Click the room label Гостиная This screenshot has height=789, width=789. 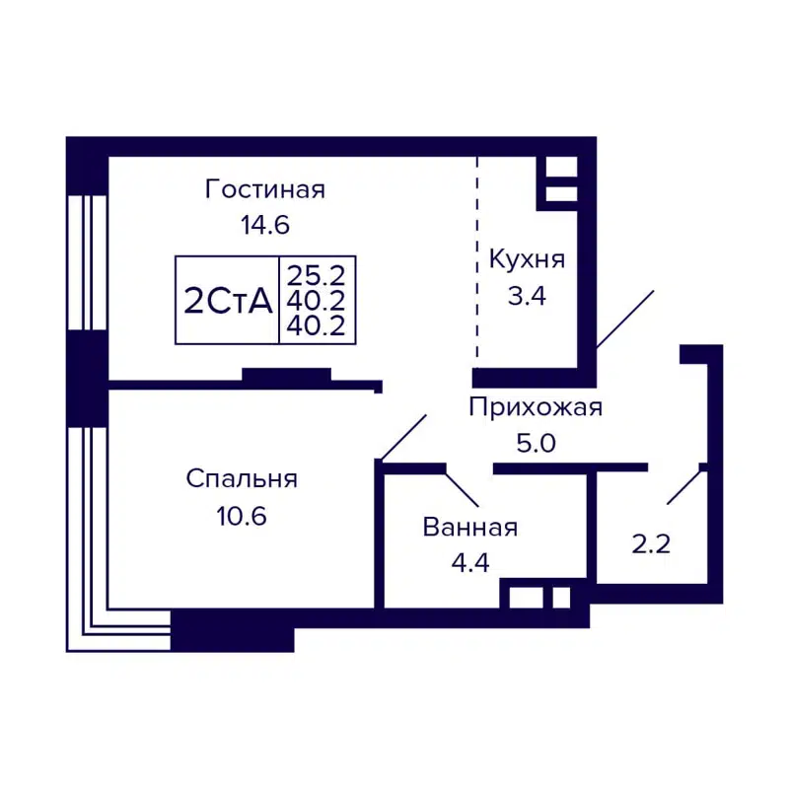[x=264, y=189]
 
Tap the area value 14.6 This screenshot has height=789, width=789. [x=264, y=225]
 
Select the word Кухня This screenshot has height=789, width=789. [x=527, y=260]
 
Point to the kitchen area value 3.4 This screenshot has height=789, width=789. [x=527, y=296]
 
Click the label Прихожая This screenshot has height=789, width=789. [x=535, y=407]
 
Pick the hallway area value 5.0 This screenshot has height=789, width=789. [x=535, y=443]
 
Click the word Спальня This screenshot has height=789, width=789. [x=242, y=479]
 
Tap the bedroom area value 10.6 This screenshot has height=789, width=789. [x=242, y=515]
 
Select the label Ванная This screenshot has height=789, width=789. [x=469, y=528]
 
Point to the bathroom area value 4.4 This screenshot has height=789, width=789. [x=469, y=563]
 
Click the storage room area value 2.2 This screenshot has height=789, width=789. [x=651, y=542]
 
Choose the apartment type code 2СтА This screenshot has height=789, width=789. [x=227, y=301]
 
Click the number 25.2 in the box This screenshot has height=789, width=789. [x=317, y=273]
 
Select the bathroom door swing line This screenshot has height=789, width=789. [x=462, y=488]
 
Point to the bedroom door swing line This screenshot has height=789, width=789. [x=402, y=438]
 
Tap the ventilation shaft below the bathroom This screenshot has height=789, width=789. [x=538, y=598]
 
